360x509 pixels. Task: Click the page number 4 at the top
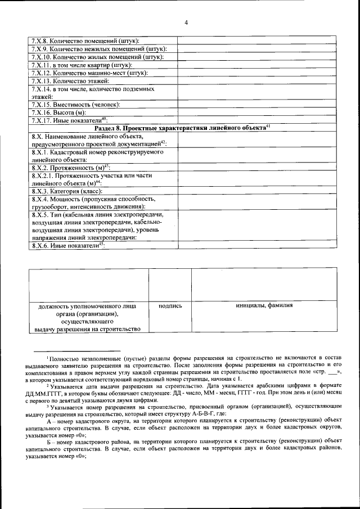186,22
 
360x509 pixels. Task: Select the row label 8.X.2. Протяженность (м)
70,168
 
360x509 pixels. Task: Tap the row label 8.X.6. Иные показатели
68,245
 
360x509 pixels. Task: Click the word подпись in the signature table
170,306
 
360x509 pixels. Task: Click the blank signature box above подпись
170,285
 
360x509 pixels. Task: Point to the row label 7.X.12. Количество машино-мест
89,73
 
